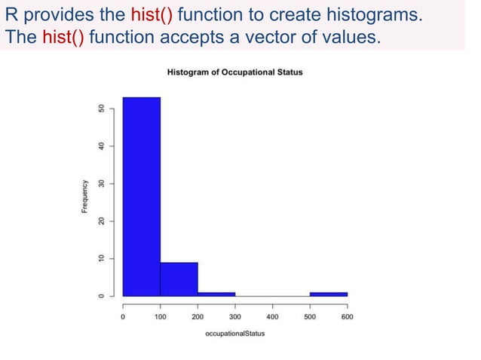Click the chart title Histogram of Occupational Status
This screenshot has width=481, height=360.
click(x=234, y=72)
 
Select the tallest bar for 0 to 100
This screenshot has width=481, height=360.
click(x=141, y=196)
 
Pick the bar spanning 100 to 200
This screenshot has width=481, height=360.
click(x=179, y=279)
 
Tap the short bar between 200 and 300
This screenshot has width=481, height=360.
click(x=216, y=294)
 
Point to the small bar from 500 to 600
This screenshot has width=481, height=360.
click(x=329, y=294)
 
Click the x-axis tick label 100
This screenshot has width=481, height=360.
click(x=160, y=317)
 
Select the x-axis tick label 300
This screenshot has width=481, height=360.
click(x=234, y=317)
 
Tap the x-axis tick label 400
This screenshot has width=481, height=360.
click(x=272, y=317)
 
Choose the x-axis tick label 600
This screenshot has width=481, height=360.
click(x=347, y=317)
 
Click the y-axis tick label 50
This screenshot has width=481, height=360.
click(x=100, y=108)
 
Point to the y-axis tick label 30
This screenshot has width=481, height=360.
click(x=100, y=183)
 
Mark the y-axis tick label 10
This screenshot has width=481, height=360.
click(x=100, y=258)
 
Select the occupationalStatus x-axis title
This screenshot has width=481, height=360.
click(x=234, y=333)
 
